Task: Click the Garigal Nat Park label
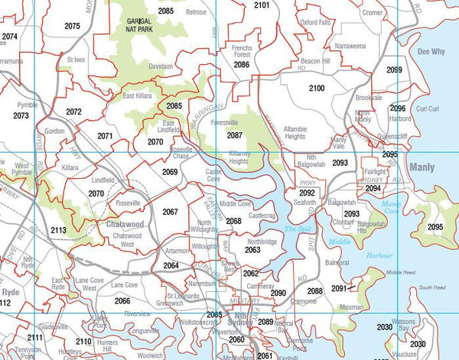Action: click(144, 26)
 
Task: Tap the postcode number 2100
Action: click(317, 89)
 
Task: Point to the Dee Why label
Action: click(434, 51)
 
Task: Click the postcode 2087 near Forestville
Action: click(235, 135)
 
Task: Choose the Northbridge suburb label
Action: click(262, 241)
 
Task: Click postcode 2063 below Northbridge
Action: click(252, 250)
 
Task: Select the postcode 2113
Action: click(58, 229)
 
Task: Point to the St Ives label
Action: click(76, 59)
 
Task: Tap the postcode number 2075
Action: click(73, 26)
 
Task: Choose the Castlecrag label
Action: click(262, 216)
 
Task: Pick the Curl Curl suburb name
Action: click(428, 109)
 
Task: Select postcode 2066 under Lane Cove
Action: click(122, 300)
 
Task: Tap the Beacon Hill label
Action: click(315, 60)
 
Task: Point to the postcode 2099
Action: click(394, 70)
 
